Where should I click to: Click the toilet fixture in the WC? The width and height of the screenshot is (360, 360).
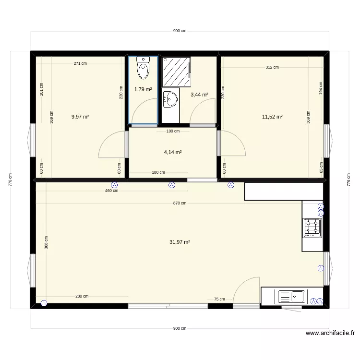tap(144, 68)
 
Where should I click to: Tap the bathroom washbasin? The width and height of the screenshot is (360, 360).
tap(170, 100)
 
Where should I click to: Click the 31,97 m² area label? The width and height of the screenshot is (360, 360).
tap(180, 242)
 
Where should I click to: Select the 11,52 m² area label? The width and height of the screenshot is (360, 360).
tap(272, 117)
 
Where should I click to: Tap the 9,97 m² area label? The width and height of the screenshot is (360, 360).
tap(80, 117)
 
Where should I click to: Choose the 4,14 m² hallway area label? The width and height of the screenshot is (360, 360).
tap(173, 152)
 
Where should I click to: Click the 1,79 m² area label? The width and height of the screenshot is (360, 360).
tap(143, 89)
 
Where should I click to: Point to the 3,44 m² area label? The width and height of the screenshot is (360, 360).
tap(199, 95)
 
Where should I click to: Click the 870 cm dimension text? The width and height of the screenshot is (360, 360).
tap(180, 203)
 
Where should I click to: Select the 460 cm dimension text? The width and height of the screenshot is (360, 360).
tap(112, 191)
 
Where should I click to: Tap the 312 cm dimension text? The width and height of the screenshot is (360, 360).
tap(272, 68)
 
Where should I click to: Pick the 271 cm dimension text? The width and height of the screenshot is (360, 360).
tap(80, 63)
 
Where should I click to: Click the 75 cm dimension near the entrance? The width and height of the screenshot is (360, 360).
tap(219, 299)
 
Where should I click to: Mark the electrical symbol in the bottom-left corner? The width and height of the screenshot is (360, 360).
tap(44, 303)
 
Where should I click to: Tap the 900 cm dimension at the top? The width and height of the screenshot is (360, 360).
tap(180, 31)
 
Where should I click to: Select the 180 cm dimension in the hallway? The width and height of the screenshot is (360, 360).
tap(158, 173)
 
